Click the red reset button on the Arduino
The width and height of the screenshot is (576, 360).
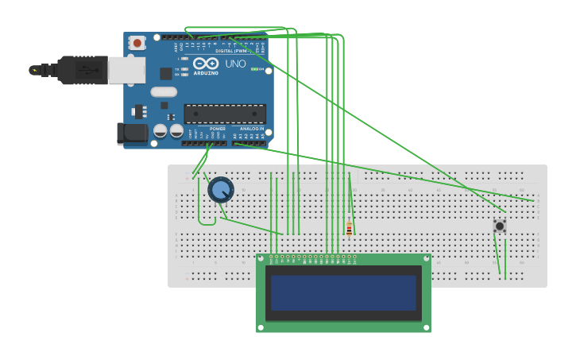point(137,43)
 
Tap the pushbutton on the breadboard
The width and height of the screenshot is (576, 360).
point(500,226)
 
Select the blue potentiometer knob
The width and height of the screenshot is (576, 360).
point(220,190)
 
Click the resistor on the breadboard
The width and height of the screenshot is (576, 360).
point(349,229)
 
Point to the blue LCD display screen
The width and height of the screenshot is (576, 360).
point(343,292)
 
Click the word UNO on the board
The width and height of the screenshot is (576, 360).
point(235,64)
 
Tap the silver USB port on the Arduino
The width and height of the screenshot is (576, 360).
point(127,70)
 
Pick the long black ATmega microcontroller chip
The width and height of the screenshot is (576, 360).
point(225,114)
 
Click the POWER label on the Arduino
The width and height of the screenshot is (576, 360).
point(217,129)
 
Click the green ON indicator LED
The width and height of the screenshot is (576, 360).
point(254,69)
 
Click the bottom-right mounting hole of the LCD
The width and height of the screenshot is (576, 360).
point(426,327)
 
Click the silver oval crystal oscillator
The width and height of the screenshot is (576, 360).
point(164,91)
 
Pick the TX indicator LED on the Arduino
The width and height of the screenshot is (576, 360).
point(184,69)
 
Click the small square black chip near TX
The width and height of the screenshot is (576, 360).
point(165,73)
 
